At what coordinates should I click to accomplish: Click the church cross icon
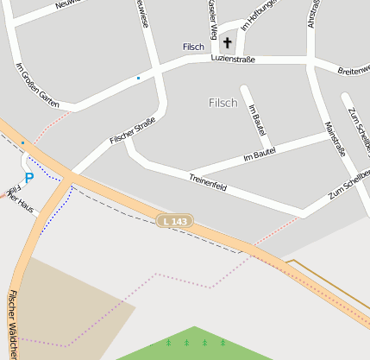pyautogui.click(x=228, y=42)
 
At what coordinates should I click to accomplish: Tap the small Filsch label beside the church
pyautogui.click(x=193, y=47)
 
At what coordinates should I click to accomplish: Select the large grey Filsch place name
pyautogui.click(x=223, y=103)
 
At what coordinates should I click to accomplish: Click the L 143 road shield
pyautogui.click(x=174, y=222)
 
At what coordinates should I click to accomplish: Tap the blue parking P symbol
pyautogui.click(x=28, y=178)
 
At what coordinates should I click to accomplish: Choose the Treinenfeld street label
pyautogui.click(x=208, y=181)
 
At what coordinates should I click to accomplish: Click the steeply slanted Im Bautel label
pyautogui.click(x=255, y=120)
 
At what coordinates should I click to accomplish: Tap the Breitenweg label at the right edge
pyautogui.click(x=354, y=68)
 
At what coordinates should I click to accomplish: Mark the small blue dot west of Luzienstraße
pyautogui.click(x=138, y=79)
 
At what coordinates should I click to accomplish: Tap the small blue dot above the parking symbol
pyautogui.click(x=22, y=142)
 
